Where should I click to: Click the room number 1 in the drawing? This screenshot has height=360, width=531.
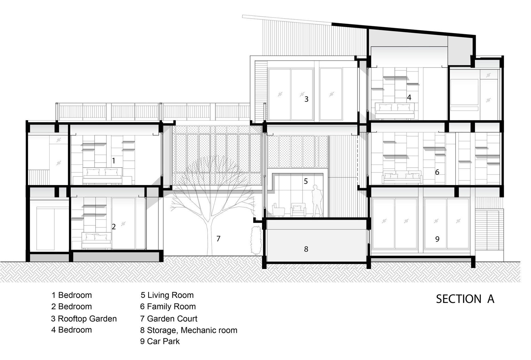[114, 161]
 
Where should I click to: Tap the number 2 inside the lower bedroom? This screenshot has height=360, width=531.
[114, 227]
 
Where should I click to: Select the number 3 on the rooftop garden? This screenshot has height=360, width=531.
[307, 99]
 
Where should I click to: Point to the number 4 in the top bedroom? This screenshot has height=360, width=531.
[409, 97]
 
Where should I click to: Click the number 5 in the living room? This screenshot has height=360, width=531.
[306, 181]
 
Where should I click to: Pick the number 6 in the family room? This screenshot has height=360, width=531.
[437, 172]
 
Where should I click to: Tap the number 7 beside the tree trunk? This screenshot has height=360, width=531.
[218, 239]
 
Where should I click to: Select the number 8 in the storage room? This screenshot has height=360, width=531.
[306, 249]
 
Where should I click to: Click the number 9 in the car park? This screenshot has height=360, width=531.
[437, 239]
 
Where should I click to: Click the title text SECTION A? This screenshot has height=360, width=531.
[465, 299]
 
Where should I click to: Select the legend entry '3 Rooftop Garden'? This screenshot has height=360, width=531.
[84, 319]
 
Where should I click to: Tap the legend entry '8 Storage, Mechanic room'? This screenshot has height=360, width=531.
[189, 330]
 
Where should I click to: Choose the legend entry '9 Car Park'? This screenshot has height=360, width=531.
[160, 341]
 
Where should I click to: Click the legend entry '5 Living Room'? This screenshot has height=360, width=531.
[167, 295]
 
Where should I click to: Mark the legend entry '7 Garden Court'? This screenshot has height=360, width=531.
[169, 318]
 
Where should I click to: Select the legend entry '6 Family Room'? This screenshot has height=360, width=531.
[168, 306]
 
